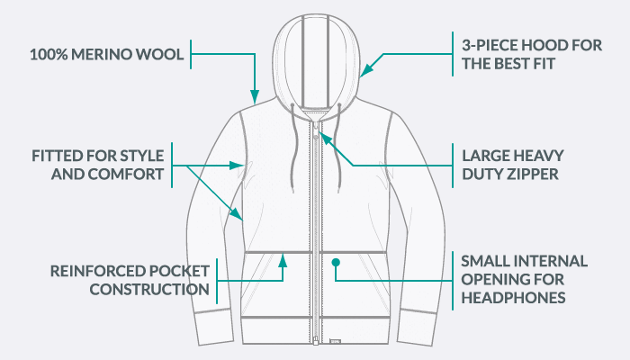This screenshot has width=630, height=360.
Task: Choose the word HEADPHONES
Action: point(513,298)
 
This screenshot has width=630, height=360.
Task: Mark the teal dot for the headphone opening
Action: point(335,263)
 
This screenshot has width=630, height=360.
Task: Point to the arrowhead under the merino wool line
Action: point(255,94)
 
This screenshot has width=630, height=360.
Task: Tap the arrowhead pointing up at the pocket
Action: point(283,259)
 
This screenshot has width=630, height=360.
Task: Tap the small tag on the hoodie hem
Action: point(336,342)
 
